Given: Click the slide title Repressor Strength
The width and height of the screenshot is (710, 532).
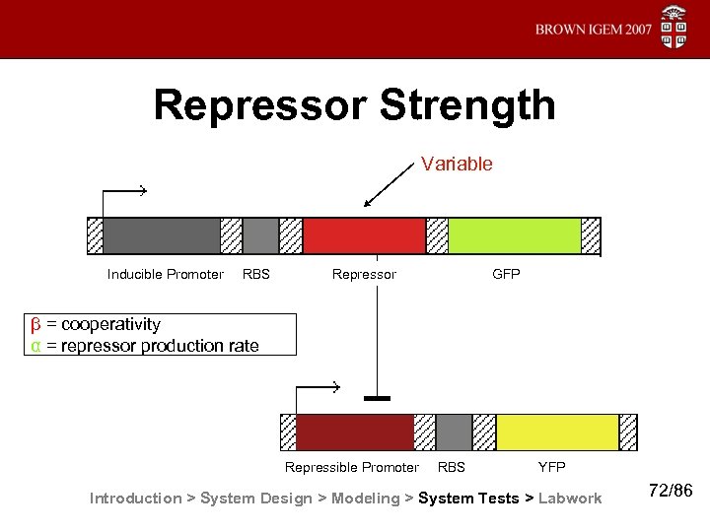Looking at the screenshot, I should click(x=354, y=106).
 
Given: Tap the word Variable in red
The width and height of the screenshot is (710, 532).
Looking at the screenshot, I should click(x=456, y=165).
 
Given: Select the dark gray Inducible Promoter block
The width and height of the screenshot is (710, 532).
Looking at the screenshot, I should click(x=161, y=236).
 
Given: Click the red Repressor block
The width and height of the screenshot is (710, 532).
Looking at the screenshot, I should click(x=364, y=236).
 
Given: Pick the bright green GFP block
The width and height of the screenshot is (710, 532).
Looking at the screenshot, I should click(x=514, y=236).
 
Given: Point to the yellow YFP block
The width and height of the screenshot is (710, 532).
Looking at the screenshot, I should click(x=556, y=432).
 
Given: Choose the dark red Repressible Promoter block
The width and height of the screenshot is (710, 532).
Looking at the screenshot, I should click(x=354, y=432).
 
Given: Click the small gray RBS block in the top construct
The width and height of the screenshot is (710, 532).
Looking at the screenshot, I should click(x=260, y=236).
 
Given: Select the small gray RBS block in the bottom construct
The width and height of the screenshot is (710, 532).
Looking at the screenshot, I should click(x=454, y=432).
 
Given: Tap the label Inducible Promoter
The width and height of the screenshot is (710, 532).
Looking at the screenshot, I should click(x=166, y=275).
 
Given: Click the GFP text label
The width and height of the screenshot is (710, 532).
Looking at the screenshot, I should click(x=506, y=275).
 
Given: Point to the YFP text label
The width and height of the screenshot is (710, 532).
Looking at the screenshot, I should click(x=551, y=467).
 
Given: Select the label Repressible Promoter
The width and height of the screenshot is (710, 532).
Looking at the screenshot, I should click(x=352, y=467).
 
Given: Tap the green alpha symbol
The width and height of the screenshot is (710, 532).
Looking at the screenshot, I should click(x=35, y=346).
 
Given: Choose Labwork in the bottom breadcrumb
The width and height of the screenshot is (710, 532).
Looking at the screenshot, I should click(x=570, y=499).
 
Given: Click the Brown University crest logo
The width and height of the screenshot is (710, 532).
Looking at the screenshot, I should click(x=674, y=28).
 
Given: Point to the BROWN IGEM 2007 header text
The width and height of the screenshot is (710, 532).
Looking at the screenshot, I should click(x=594, y=30).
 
